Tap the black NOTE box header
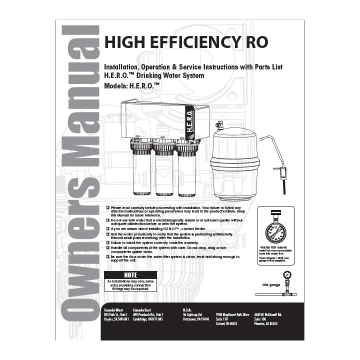point(130,275)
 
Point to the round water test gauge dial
point(273,228)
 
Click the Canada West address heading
point(113,310)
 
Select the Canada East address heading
point(144,310)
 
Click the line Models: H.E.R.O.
point(131,85)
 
